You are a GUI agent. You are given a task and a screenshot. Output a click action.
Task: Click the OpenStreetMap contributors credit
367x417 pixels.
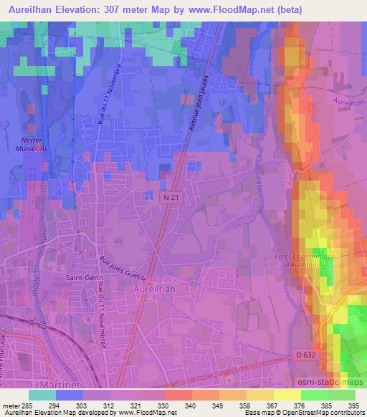pyautogui.click(x=328, y=413)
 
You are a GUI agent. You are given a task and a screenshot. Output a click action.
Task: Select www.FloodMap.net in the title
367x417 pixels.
pyautogui.click(x=231, y=9)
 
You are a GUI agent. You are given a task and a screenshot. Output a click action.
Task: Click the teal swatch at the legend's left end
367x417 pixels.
pyautogui.click(x=42, y=395)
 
